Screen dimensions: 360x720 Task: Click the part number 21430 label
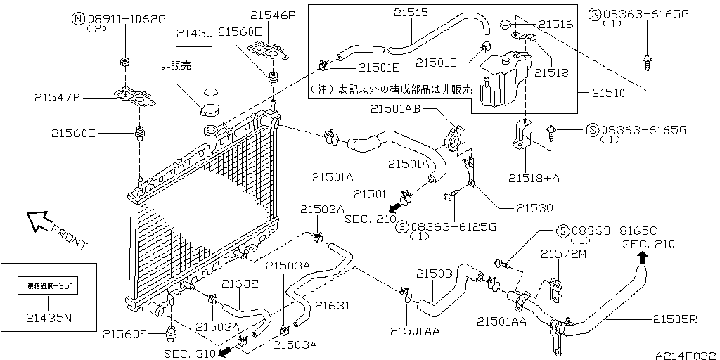195,33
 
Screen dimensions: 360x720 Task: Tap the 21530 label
535,208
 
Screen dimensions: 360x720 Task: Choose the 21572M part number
563,253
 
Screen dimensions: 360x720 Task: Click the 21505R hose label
674,319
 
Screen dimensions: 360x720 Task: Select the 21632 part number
241,284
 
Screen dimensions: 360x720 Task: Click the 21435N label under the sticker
49,317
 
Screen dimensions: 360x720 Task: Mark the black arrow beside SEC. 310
225,352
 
